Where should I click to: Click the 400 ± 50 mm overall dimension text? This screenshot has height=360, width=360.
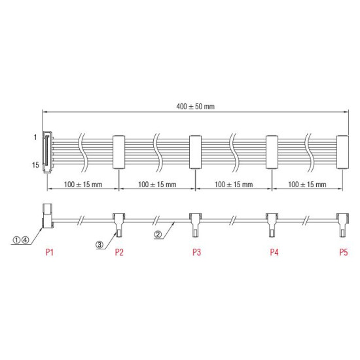(x=196, y=106)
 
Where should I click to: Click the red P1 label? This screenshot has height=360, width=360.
(x=48, y=251)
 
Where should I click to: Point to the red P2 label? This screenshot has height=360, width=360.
(x=119, y=251)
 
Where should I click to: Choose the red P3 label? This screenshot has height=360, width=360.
(x=196, y=251)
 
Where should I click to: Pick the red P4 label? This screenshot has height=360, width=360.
(x=273, y=251)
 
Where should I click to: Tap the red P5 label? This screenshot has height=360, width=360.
(x=342, y=251)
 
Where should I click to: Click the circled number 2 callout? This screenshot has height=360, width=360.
(x=158, y=234)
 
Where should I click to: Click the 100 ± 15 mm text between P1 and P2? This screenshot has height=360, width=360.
(x=82, y=185)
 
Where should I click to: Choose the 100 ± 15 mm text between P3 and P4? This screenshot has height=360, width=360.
(x=234, y=185)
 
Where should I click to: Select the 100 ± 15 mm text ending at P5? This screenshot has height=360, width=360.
(x=307, y=185)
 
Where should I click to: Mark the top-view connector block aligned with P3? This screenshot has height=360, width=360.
(x=194, y=151)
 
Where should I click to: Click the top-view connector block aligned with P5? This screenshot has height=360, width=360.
(x=341, y=151)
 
